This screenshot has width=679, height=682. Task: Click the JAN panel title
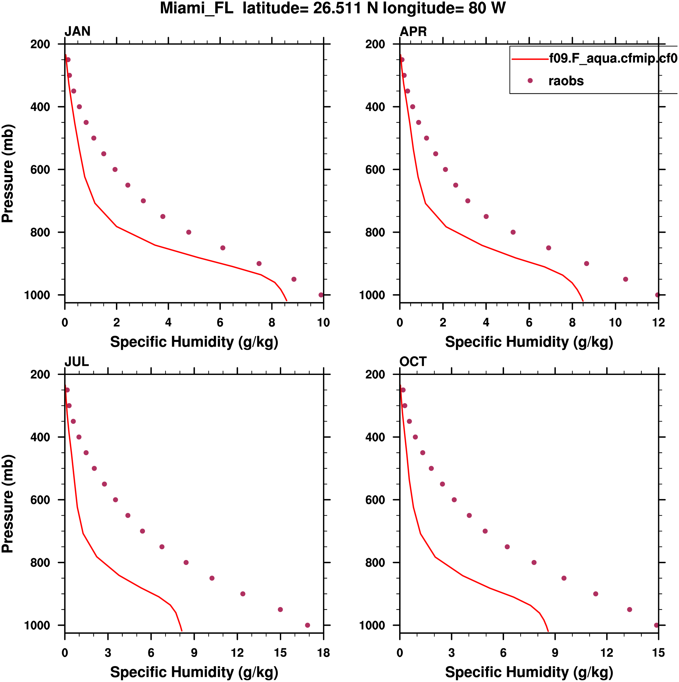(x=77, y=32)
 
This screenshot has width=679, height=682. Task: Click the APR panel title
(x=413, y=32)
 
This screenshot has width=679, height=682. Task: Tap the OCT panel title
(x=413, y=361)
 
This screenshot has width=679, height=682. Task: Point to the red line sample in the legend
(x=530, y=59)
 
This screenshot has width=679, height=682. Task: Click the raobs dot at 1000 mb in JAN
(x=321, y=295)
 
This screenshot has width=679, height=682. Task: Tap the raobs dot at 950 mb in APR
(x=626, y=279)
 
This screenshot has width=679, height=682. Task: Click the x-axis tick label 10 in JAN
(x=323, y=323)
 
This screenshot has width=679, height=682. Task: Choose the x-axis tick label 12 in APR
(x=659, y=323)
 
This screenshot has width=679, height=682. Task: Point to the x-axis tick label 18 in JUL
(x=323, y=653)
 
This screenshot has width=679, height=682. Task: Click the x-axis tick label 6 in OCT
(x=503, y=653)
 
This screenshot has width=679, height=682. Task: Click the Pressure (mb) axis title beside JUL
(x=8, y=504)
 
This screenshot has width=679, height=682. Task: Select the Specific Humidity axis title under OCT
(x=529, y=672)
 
